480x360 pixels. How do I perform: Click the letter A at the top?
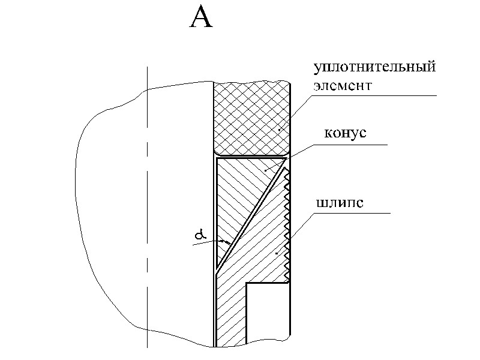click(201, 19)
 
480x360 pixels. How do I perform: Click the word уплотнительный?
click(373, 67)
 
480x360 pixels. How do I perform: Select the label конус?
click(344, 133)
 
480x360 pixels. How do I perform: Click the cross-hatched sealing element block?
click(252, 117)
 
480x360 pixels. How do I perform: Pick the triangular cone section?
click(240, 192)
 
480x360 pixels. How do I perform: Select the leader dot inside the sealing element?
click(279, 129)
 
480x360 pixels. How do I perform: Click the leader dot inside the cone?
click(266, 170)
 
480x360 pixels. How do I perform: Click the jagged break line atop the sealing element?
click(252, 82)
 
